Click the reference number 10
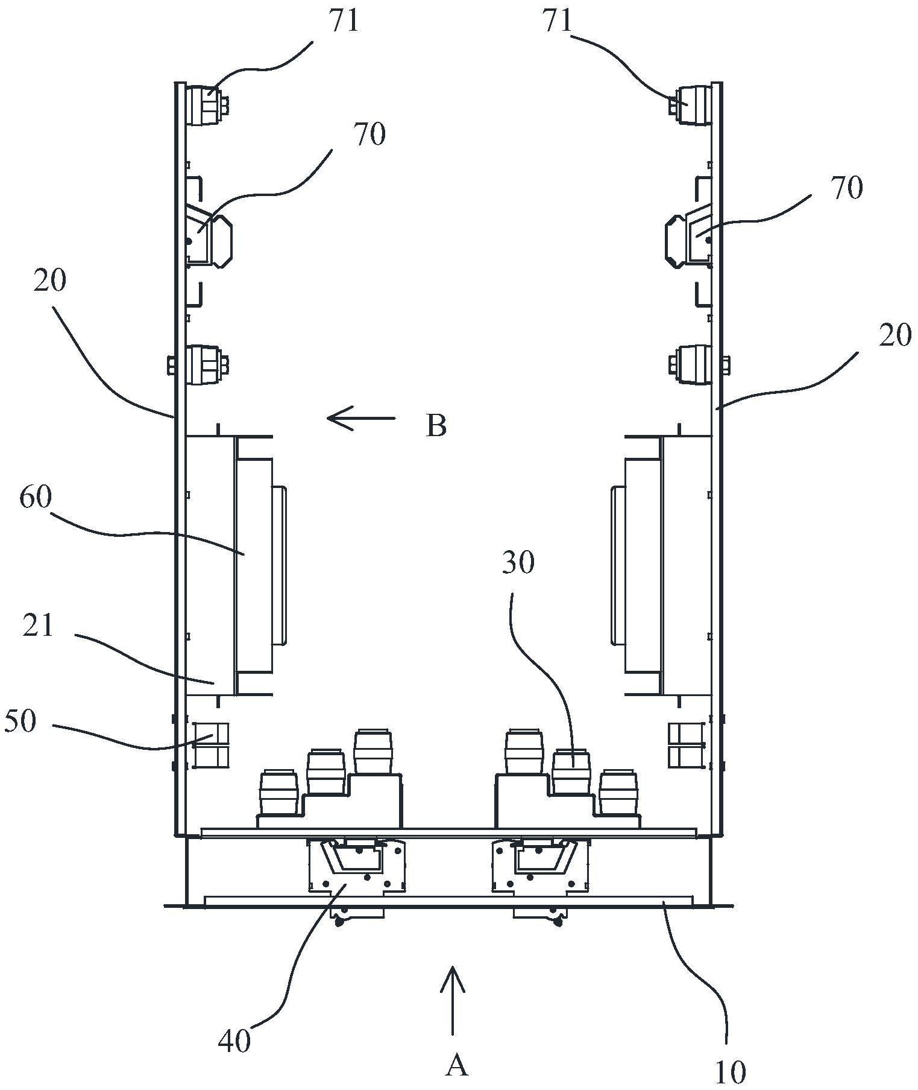coord(731,1071)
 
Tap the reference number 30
coord(518,562)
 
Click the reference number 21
coord(38,627)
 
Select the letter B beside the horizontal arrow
coord(436,426)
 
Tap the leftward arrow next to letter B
coord(360,418)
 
